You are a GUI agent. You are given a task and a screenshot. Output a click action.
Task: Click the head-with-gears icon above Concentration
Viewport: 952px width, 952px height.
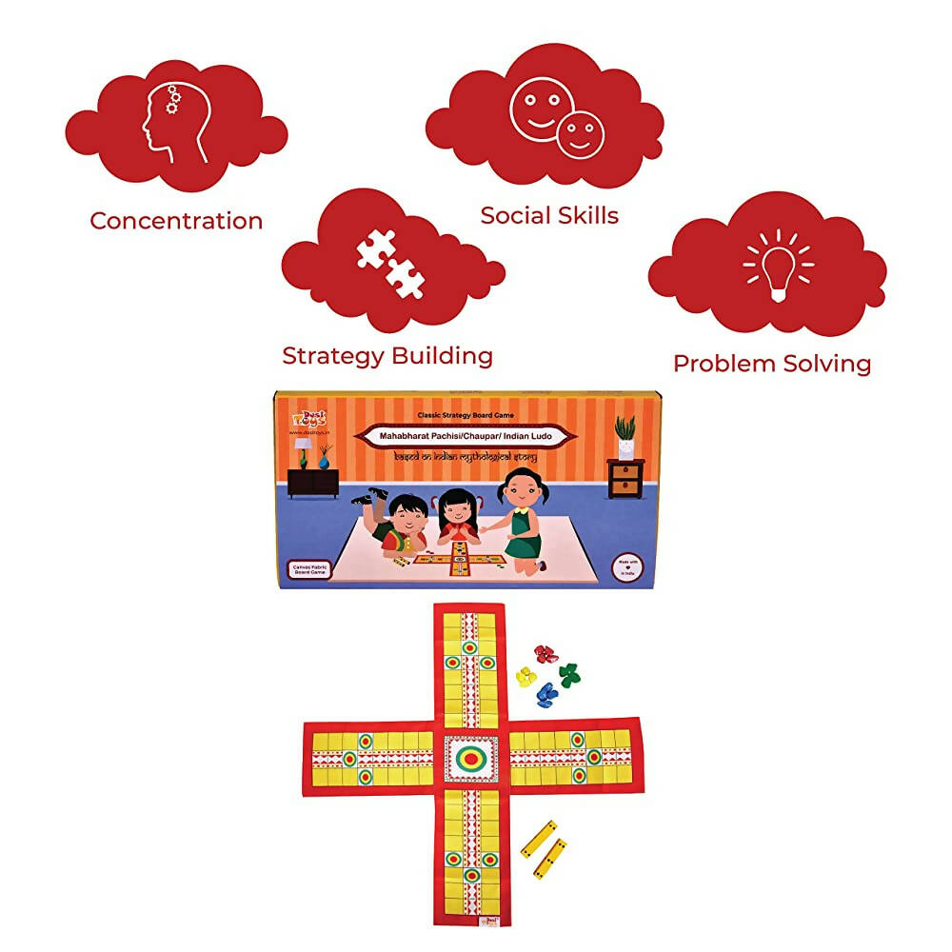click(174, 122)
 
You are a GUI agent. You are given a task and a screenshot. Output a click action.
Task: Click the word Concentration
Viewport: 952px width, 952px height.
click(176, 221)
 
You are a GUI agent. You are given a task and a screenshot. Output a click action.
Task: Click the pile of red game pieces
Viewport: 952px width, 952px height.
click(545, 654)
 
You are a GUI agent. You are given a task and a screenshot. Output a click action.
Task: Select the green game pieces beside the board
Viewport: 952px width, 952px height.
click(569, 674)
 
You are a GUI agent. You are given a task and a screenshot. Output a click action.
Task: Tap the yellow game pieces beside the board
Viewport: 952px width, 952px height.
click(526, 677)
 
